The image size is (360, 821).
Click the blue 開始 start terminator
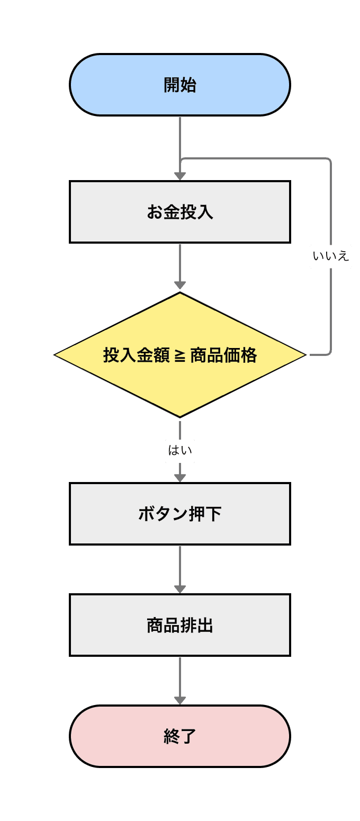pyautogui.click(x=180, y=85)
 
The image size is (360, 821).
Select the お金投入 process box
pyautogui.click(x=180, y=212)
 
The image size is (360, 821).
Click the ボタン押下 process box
pyautogui.click(x=180, y=514)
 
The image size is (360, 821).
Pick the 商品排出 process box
pyautogui.click(x=180, y=625)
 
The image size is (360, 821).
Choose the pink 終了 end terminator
pyautogui.click(x=180, y=736)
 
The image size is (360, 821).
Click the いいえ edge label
pyautogui.click(x=331, y=256)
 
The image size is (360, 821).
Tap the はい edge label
pyautogui.click(x=180, y=451)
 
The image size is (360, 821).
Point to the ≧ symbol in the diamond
pyautogui.click(x=180, y=355)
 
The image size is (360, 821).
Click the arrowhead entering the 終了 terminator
pyautogui.click(x=180, y=700)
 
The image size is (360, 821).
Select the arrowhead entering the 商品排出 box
pyautogui.click(x=180, y=589)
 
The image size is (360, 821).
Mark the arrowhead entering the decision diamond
pyautogui.click(x=180, y=285)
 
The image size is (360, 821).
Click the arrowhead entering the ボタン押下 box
pyautogui.click(x=180, y=478)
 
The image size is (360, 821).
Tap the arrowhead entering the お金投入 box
pyautogui.click(x=180, y=176)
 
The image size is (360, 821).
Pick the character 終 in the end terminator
pyautogui.click(x=172, y=736)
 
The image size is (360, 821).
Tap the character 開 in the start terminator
pyautogui.click(x=172, y=85)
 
